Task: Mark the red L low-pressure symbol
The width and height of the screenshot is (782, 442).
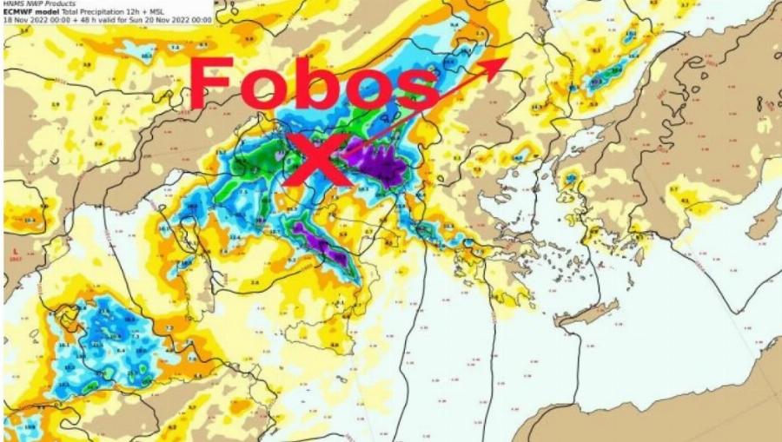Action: pos(14,250)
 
